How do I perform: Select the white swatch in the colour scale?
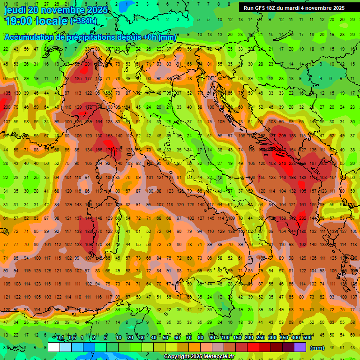pos(54,347)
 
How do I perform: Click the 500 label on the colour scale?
pos(307,338)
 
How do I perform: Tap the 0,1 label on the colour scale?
pos(60,338)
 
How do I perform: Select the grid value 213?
pos(283,164)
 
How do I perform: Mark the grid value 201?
pos(89,64)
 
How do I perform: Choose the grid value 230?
pos(7,107)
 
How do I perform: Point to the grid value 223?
pos(293,164)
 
